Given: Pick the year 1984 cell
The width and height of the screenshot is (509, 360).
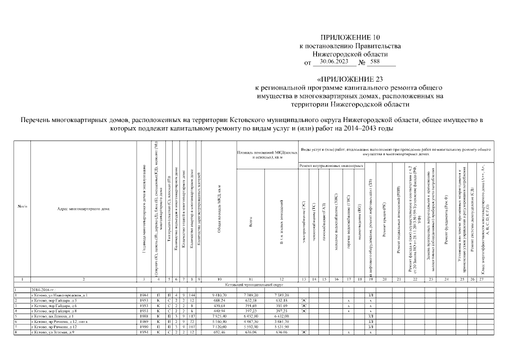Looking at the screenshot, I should [144, 295].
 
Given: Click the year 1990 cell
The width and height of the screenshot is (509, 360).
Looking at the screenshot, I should [144, 327].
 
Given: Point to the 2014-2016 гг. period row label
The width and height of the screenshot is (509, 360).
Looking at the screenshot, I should [44, 290].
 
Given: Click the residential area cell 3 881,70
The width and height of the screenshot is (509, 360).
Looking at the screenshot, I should [281, 322].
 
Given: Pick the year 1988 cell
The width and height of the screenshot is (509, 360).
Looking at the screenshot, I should [144, 316].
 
